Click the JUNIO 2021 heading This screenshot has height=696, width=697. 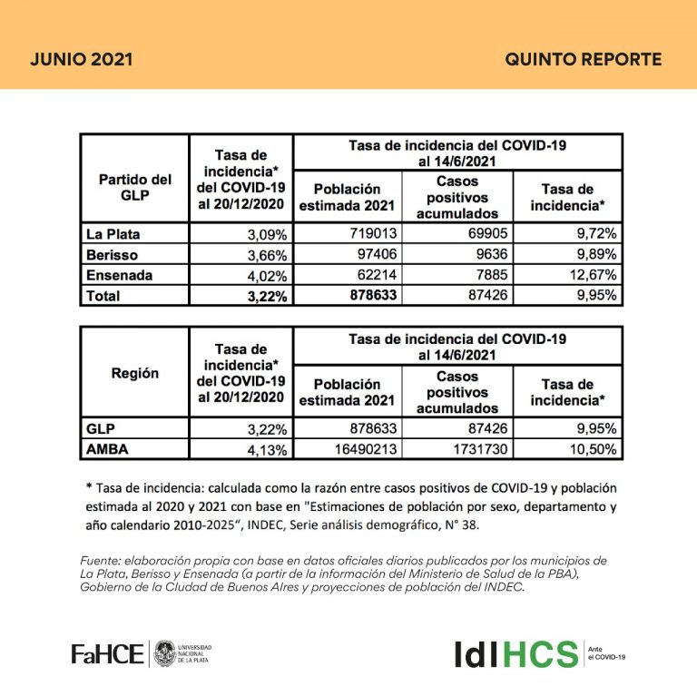point(82,60)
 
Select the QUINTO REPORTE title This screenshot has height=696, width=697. point(583,60)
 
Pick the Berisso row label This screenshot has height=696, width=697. point(104,254)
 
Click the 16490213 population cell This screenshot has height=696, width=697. point(363,448)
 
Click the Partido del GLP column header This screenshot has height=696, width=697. point(134,187)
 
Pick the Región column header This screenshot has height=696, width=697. point(134,373)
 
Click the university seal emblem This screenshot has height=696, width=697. point(164,652)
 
